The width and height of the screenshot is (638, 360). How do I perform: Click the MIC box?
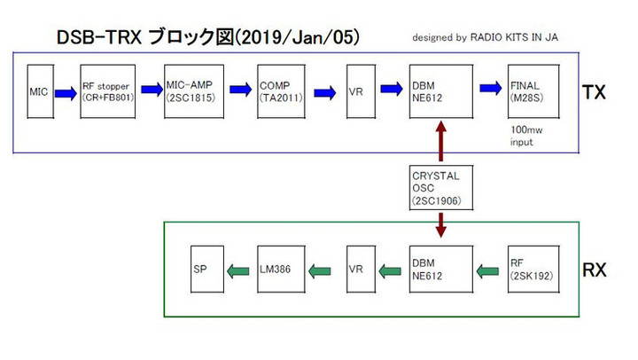click(40, 91)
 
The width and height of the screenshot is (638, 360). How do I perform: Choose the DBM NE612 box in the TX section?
click(440, 91)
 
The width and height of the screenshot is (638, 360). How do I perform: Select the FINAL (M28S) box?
click(533, 91)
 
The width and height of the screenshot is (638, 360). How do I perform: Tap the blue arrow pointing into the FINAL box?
click(490, 88)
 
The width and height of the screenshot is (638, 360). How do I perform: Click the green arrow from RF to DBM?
click(490, 270)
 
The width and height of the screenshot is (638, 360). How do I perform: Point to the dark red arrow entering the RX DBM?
click(440, 226)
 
